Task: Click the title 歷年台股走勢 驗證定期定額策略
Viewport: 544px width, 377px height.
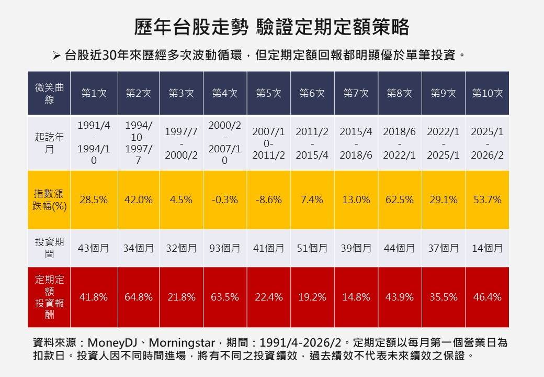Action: [271, 27]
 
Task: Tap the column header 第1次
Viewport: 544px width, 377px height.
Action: [94, 93]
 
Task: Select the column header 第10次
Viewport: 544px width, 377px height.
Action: [487, 93]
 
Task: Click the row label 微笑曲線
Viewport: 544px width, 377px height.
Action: [49, 93]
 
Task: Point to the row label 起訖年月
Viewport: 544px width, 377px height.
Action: [49, 143]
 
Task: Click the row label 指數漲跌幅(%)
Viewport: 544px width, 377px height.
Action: [49, 199]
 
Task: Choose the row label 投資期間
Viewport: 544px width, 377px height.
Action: [49, 248]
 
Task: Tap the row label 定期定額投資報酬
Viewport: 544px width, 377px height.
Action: [49, 297]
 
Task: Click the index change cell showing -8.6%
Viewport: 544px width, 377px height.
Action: [269, 200]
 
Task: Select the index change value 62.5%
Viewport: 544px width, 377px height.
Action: [400, 200]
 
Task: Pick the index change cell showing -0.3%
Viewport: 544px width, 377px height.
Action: [225, 200]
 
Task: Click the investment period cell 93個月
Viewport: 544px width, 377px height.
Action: [225, 248]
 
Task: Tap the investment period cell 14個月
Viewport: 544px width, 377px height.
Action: [487, 248]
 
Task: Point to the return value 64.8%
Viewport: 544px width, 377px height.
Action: [139, 297]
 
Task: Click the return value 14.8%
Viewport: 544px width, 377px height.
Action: [356, 297]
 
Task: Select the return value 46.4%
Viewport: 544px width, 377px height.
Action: [487, 297]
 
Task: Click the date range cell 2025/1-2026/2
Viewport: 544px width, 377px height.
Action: [487, 143]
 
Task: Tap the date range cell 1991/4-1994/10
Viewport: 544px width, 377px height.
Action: [94, 143]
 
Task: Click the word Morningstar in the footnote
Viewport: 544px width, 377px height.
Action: [183, 343]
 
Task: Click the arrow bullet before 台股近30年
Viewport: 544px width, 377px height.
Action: [58, 55]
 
